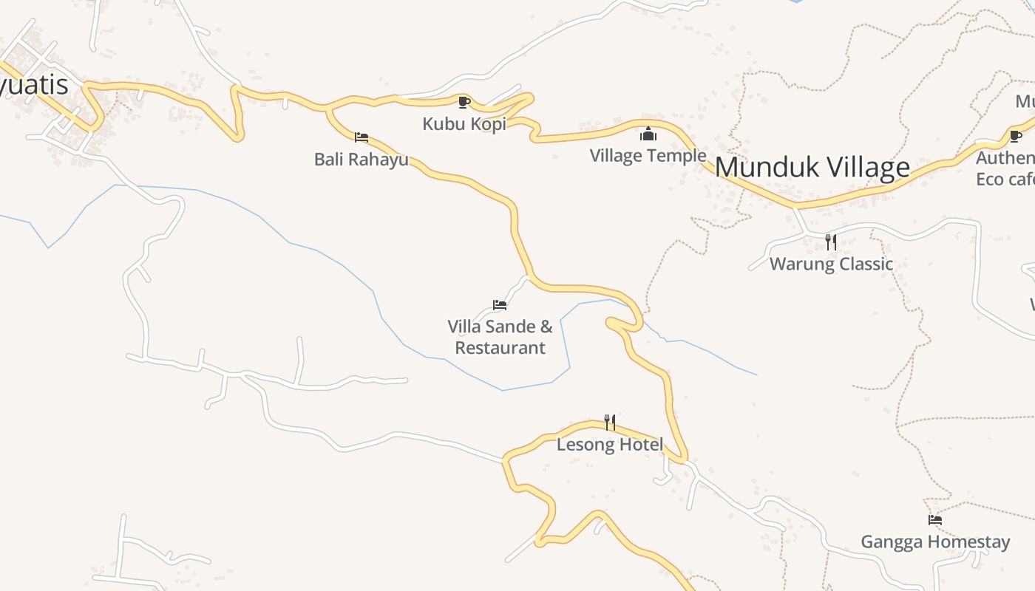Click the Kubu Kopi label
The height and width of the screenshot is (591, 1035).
click(x=464, y=124)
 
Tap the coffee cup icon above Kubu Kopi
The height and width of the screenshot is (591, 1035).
click(x=464, y=102)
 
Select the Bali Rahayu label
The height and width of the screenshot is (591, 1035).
click(x=361, y=159)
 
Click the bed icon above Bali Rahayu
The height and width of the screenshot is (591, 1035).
click(x=362, y=137)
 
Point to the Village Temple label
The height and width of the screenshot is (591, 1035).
click(x=648, y=155)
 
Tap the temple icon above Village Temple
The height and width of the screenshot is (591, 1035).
click(x=648, y=134)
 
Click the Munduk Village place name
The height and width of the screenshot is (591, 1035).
click(x=812, y=168)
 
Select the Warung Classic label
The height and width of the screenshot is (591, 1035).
click(x=831, y=264)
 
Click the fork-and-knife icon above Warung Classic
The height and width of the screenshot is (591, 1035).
click(x=831, y=242)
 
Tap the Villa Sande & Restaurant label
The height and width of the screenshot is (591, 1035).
click(x=500, y=337)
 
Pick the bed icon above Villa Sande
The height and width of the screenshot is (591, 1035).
click(x=500, y=304)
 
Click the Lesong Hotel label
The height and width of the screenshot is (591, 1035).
click(x=609, y=445)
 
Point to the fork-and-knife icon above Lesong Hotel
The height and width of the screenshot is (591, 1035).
click(x=610, y=423)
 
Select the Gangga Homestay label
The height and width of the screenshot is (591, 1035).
click(x=934, y=542)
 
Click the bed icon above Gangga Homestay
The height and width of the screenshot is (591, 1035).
click(x=935, y=520)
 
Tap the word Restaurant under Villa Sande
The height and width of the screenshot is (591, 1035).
click(x=500, y=348)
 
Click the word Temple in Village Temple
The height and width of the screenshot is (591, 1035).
click(x=676, y=155)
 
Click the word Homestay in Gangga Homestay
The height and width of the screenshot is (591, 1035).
click(x=968, y=542)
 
